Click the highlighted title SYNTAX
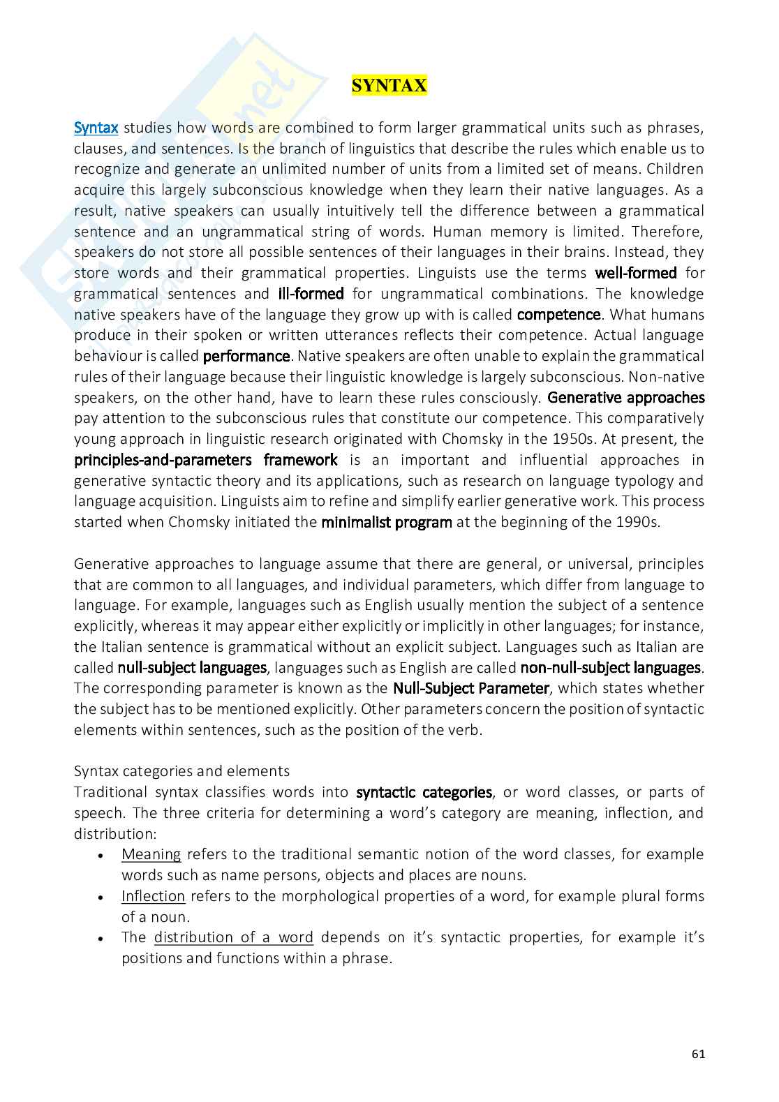389,86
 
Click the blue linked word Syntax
96,128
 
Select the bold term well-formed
635,273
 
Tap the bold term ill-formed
306,294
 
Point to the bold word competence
558,315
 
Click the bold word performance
246,356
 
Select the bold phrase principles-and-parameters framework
205,460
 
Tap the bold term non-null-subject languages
610,668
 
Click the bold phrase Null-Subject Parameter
471,688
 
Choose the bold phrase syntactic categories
424,792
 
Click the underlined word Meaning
151,854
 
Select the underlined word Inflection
153,896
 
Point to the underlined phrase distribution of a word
233,937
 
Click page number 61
698,1054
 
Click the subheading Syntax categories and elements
181,771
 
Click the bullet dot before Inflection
102,897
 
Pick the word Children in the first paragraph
675,169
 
